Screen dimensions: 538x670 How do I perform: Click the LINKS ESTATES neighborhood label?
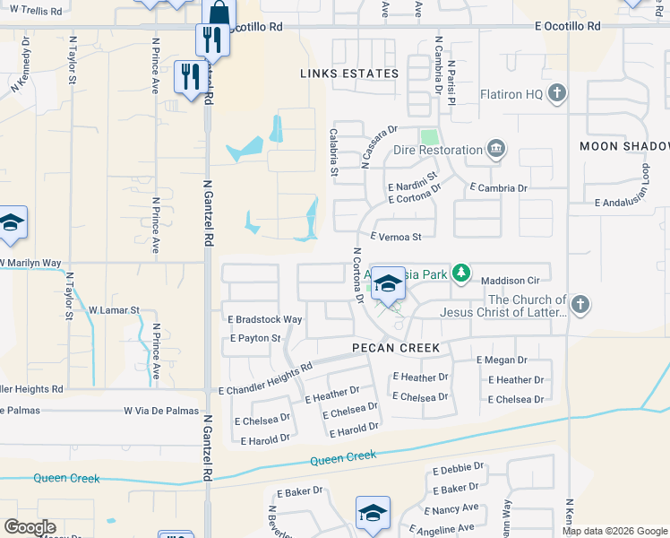tap(349, 74)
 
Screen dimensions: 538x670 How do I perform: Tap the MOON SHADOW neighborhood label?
tap(624, 146)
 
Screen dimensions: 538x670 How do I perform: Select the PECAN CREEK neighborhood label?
tap(395, 348)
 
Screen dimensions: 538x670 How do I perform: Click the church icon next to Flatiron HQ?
tap(557, 92)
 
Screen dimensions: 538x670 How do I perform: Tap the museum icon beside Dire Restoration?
tap(496, 148)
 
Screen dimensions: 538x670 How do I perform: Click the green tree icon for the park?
tap(461, 272)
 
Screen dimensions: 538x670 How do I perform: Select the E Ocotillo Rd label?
tap(568, 27)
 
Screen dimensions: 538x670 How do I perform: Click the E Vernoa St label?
tap(396, 237)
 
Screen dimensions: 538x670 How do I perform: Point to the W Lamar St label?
tap(114, 310)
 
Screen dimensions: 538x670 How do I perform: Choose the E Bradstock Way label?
tap(265, 320)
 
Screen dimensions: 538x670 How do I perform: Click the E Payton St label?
tap(255, 339)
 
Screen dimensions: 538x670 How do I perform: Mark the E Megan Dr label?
tap(503, 360)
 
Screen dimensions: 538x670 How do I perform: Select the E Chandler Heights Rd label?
tap(265, 378)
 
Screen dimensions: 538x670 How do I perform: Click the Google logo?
tap(30, 527)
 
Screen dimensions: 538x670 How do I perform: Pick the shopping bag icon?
tap(218, 13)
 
